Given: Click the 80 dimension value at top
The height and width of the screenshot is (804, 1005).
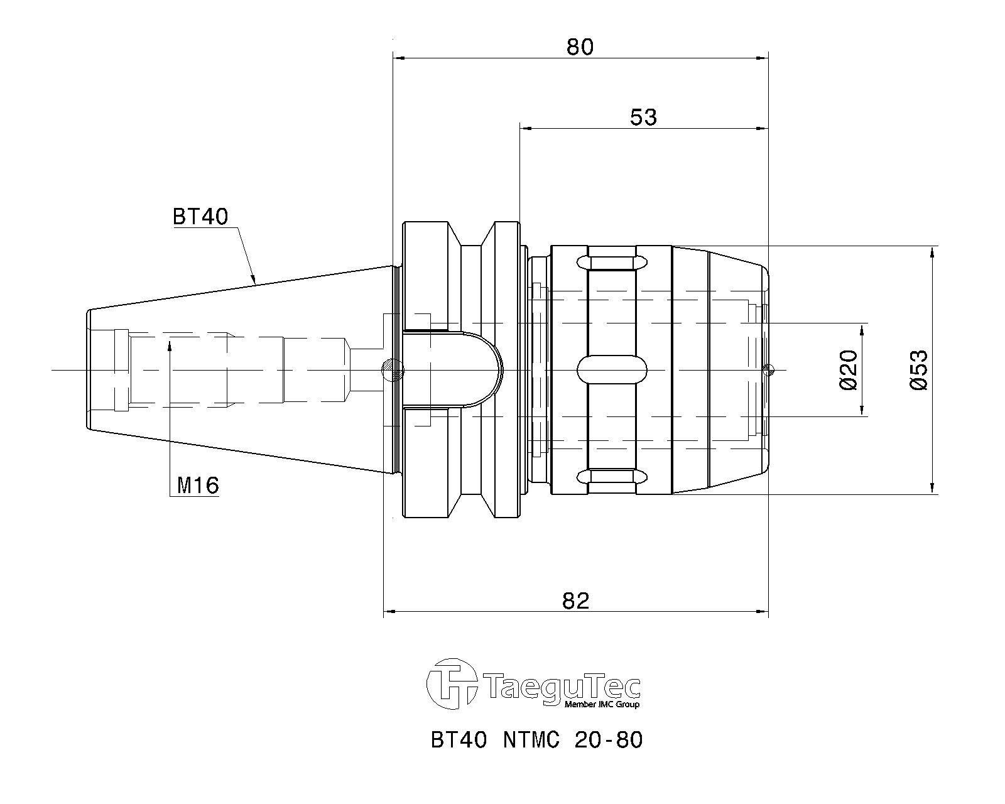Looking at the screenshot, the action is point(580,46).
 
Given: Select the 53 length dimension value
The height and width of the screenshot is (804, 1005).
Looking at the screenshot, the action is point(643,117).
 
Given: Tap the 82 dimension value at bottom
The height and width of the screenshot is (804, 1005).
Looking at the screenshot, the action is point(575,600).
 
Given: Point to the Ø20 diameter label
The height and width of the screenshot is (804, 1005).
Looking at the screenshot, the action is point(848,369).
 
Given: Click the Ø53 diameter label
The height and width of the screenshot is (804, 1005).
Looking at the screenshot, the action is point(918,369).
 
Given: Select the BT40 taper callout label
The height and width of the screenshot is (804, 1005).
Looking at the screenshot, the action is point(200,216).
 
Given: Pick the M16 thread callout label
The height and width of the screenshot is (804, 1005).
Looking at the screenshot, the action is point(197,486).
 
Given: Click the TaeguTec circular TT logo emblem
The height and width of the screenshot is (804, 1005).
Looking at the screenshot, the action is point(451,683).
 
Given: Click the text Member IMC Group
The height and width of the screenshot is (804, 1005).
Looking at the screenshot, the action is point(602,704).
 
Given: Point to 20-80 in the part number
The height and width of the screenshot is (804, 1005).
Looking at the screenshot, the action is point(609,739).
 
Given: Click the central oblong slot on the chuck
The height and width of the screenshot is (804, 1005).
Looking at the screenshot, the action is point(612,370).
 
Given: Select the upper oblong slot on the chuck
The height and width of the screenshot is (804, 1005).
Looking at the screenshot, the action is point(612,262).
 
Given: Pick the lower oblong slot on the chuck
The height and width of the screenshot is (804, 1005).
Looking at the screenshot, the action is point(612,477).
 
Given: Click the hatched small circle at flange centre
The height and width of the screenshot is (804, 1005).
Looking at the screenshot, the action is point(393,370).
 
